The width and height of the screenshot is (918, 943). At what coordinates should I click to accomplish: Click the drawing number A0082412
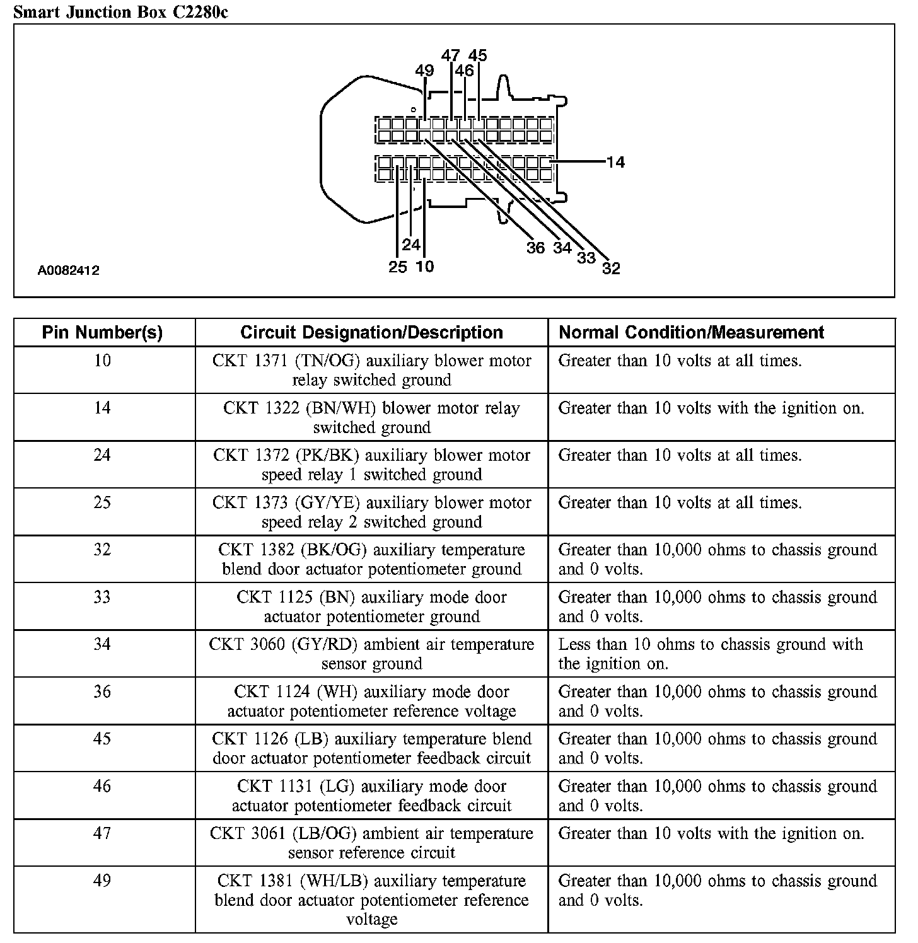(x=68, y=271)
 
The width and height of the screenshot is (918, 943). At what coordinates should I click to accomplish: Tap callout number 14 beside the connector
(x=615, y=162)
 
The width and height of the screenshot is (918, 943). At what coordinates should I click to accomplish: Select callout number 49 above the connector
(x=424, y=71)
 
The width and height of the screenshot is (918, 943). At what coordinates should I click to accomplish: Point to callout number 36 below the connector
(x=535, y=248)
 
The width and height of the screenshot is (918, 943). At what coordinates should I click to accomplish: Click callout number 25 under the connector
(x=398, y=267)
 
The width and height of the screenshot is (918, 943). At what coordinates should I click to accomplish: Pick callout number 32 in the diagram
(x=611, y=269)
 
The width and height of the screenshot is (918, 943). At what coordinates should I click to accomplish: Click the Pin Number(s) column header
(x=102, y=332)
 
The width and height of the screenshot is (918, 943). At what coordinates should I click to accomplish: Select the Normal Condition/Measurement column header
(x=691, y=332)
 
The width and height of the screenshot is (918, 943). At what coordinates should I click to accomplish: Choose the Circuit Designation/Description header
(x=371, y=332)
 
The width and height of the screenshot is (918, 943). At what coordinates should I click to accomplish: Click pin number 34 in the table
(x=102, y=644)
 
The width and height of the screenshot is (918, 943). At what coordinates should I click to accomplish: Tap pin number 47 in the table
(x=102, y=833)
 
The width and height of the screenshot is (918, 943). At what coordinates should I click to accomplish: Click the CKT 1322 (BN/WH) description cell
(x=371, y=417)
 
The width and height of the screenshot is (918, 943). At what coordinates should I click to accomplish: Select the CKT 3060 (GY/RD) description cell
(x=371, y=654)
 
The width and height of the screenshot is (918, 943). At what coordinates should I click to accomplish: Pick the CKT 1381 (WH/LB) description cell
(x=371, y=900)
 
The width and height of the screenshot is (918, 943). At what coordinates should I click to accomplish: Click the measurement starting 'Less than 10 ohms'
(x=710, y=654)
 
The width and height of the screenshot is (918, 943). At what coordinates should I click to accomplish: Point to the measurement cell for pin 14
(x=711, y=408)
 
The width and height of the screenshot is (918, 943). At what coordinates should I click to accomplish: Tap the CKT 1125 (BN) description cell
(x=371, y=606)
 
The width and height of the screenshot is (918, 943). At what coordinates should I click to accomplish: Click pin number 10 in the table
(x=102, y=361)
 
